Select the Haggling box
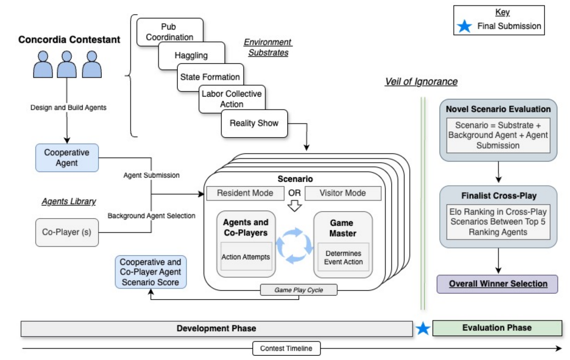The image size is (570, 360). (x=191, y=55)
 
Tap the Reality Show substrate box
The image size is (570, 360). (x=254, y=123)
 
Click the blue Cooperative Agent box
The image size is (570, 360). (x=67, y=158)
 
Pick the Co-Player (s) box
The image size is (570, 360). (x=67, y=232)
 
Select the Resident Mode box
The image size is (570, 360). (x=245, y=193)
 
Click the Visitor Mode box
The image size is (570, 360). (x=343, y=193)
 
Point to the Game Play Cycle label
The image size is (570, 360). (x=299, y=290)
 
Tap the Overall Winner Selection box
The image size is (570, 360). (x=497, y=284)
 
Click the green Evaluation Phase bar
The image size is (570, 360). (x=497, y=328)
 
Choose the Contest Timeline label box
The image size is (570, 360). (x=286, y=348)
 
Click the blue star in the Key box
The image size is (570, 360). (x=464, y=26)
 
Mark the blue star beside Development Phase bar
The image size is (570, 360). (x=423, y=328)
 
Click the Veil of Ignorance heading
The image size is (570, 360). (x=421, y=82)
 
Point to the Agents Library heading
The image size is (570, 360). (x=69, y=201)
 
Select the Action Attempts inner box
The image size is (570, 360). (x=246, y=256)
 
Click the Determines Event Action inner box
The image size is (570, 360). (x=343, y=257)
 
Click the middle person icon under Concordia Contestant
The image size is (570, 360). (x=67, y=64)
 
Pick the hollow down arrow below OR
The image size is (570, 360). (x=295, y=206)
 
